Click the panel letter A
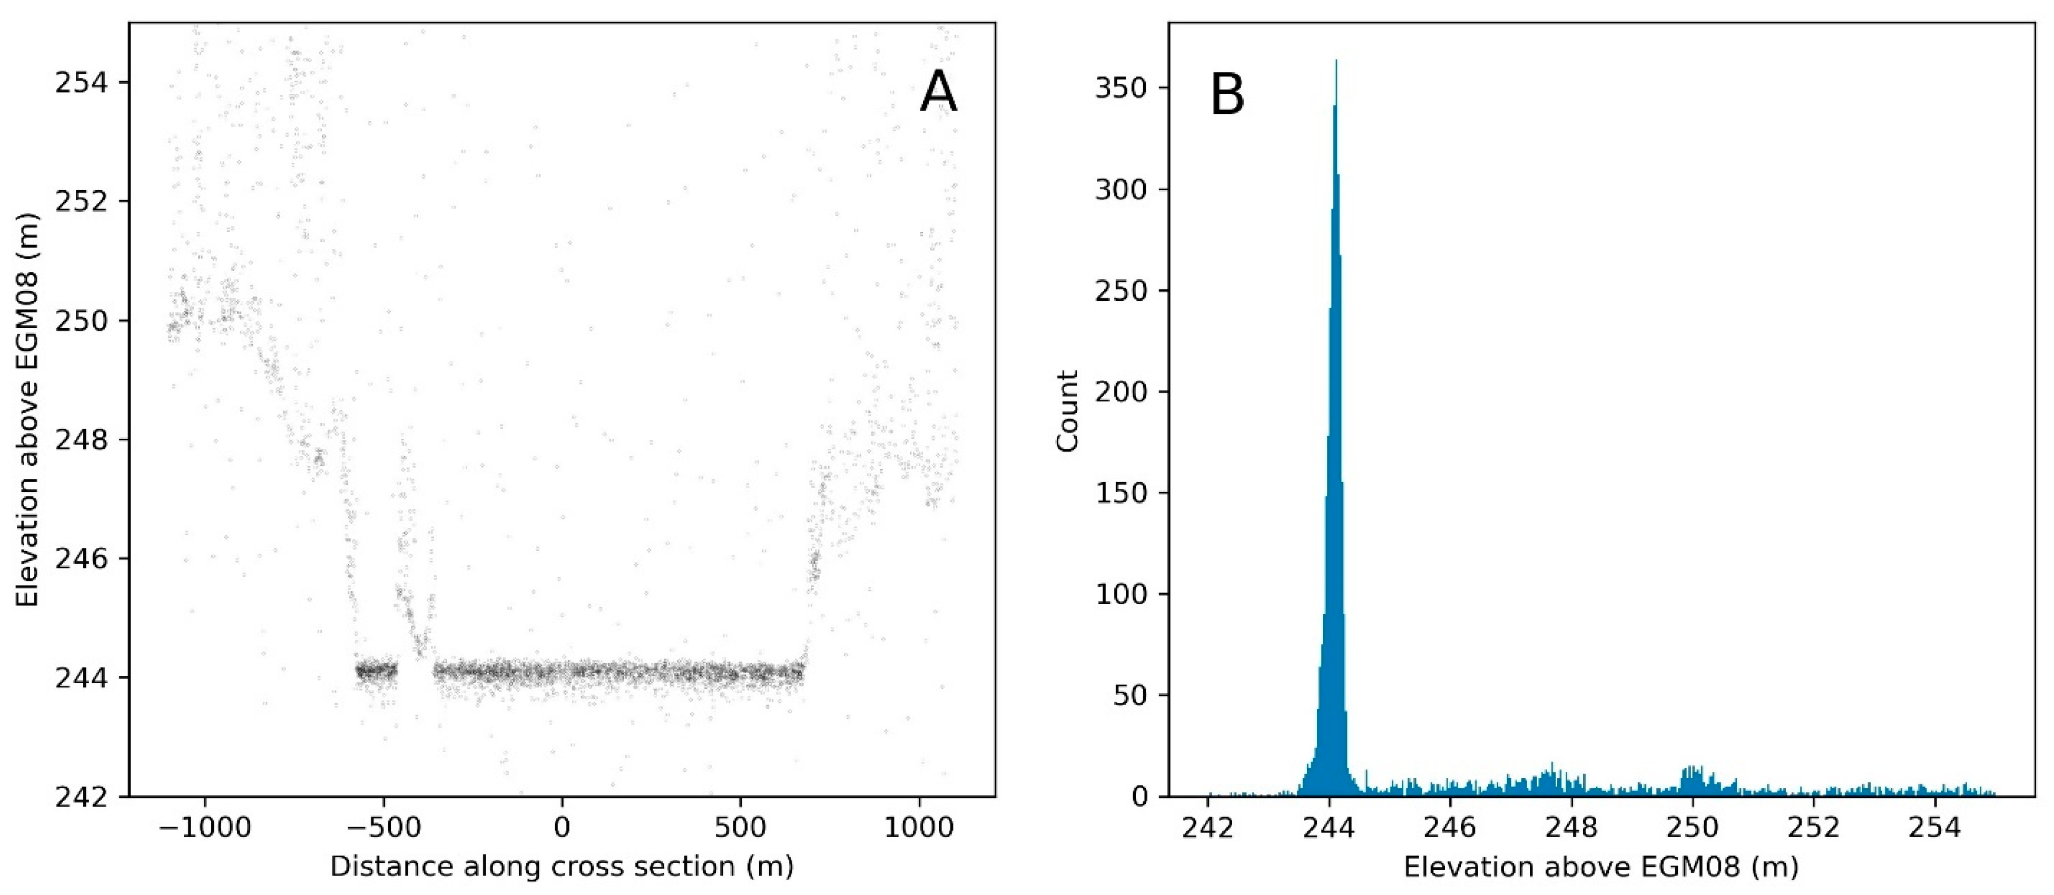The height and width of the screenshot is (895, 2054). [x=938, y=93]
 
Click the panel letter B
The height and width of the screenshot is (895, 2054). [x=1227, y=96]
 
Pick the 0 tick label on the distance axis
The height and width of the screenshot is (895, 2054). [x=562, y=829]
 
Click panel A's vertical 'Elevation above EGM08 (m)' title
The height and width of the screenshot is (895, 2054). [x=28, y=409]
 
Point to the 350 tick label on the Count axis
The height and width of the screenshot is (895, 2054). [x=1121, y=88]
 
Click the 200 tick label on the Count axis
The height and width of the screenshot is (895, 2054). [x=1121, y=392]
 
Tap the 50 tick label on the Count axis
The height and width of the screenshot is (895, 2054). [x=1130, y=695]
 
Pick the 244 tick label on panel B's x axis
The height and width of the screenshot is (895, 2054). [x=1329, y=829]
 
